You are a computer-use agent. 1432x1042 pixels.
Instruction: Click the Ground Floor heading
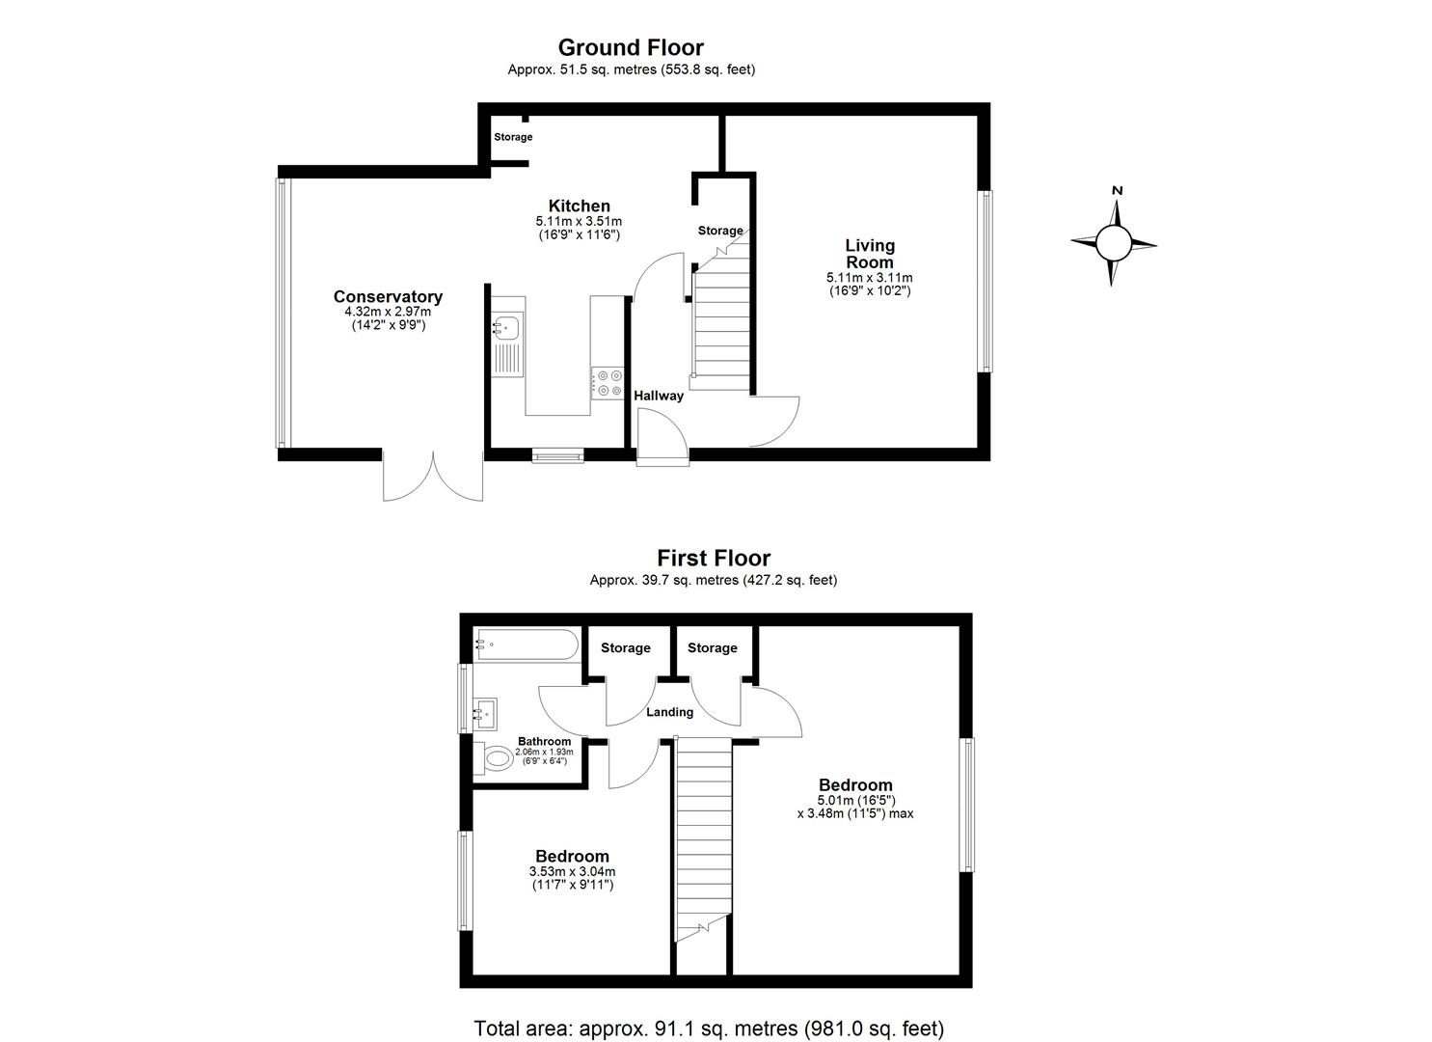coord(631,47)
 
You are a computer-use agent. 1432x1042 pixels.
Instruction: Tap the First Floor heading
coord(714,558)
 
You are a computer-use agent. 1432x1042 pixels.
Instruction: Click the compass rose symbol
coord(1113,241)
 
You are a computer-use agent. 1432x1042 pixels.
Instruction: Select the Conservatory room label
coord(388,297)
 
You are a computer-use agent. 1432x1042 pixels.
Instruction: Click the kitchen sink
coord(505,329)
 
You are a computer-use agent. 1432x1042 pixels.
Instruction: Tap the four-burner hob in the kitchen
coord(607,383)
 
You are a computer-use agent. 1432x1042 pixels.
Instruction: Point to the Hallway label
coord(659,396)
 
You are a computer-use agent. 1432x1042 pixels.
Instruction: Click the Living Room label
coord(869,254)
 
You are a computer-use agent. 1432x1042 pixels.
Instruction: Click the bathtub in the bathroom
coord(526,644)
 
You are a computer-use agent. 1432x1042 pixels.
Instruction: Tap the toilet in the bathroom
coord(498,759)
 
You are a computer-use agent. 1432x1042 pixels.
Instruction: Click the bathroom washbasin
coord(484,715)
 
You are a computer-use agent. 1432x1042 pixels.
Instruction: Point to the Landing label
coord(669,712)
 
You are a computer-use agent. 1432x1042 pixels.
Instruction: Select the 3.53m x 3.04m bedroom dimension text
coord(572,872)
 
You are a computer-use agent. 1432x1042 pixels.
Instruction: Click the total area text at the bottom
coord(709,1028)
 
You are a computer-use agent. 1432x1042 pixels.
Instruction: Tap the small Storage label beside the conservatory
coord(513,137)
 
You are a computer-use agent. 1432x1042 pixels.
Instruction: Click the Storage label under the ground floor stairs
coord(720,231)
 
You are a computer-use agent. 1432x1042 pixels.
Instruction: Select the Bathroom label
coord(544,741)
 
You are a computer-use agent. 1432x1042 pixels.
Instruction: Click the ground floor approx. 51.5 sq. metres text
coord(631,69)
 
